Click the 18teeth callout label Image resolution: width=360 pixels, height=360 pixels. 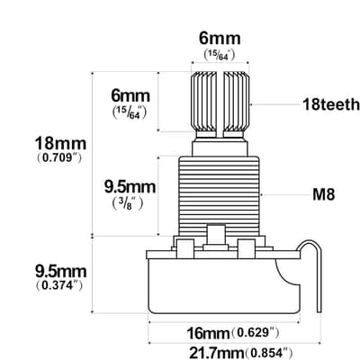click(x=331, y=104)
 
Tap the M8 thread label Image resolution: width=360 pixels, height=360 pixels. click(x=324, y=194)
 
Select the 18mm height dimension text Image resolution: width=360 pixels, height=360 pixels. click(x=60, y=143)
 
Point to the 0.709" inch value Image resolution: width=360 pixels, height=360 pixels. click(x=59, y=157)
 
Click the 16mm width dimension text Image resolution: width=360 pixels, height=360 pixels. click(x=209, y=333)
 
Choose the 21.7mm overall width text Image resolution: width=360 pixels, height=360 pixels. click(x=217, y=352)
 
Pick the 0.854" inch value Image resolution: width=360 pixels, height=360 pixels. click(x=269, y=352)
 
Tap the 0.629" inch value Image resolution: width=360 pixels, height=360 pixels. click(x=256, y=332)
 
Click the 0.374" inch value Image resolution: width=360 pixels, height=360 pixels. click(x=59, y=285)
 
